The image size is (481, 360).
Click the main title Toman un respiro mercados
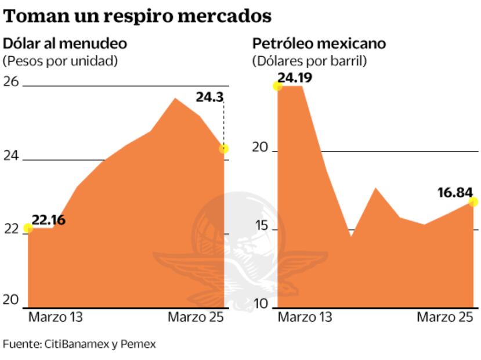pos(138,16)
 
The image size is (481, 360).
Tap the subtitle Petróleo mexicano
pos(319,44)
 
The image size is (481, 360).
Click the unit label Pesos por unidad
pos(60,60)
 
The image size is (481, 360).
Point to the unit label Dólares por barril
pos(309,60)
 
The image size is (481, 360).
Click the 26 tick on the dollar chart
pos(12,82)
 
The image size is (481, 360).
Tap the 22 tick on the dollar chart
pos(11,229)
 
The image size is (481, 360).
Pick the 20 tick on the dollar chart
pos(12,300)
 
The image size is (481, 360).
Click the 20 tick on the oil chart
pos(261,148)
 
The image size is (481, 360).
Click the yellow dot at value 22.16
pos(28,228)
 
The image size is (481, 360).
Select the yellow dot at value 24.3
pos(224,149)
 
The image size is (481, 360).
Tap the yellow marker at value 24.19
pos(277,86)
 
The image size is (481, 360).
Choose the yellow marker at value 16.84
pos(473,202)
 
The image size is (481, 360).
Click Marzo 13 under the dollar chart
pos(56,318)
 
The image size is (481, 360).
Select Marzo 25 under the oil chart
pos(445,318)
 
